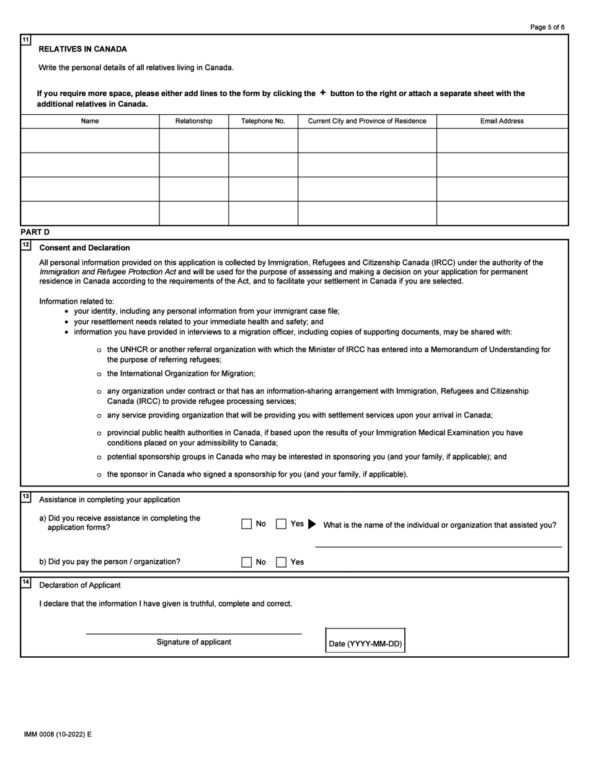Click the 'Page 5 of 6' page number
pos(547,27)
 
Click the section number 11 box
pos(25,40)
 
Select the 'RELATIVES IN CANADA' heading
pos(82,49)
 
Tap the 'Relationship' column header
pos(193,121)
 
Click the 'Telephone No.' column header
pos(263,121)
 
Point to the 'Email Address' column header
pos(502,121)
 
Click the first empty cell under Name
pos(90,141)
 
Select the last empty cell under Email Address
pos(502,213)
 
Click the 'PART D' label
pos(35,232)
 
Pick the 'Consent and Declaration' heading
pos(84,248)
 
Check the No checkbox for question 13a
pos(247,524)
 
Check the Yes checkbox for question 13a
pos(281,524)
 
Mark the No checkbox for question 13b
pos(247,562)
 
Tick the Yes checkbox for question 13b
pos(281,562)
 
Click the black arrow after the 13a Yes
pos(312,524)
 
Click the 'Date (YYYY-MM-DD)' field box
pos(365,640)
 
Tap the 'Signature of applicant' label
pos(193,642)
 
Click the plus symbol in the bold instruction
pos(322,93)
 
